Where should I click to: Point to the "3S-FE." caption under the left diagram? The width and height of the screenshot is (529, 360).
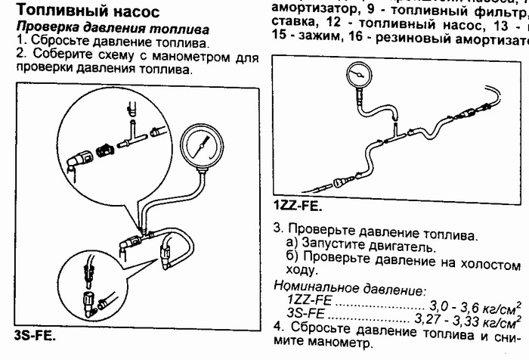36,334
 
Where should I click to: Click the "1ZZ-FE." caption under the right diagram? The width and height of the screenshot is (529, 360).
298,205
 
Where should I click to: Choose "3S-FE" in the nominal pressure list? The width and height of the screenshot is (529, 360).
307,314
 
